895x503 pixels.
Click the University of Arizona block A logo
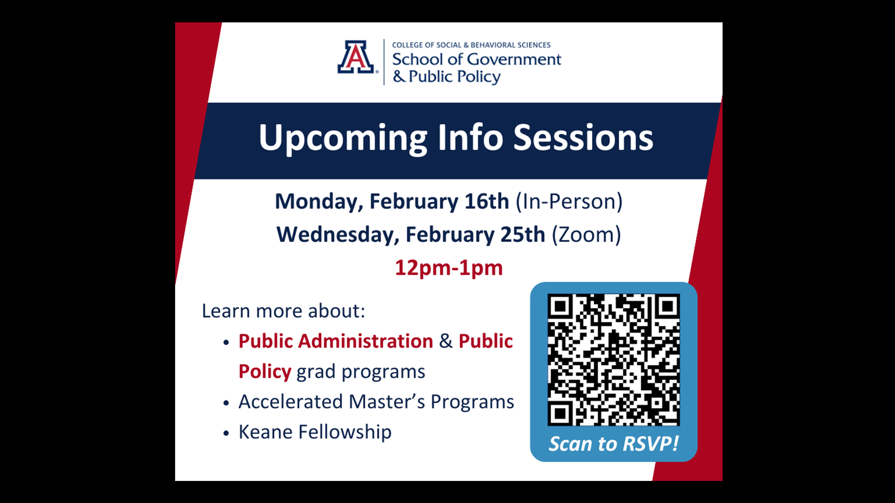pyautogui.click(x=356, y=57)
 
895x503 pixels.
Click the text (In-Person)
pyautogui.click(x=569, y=202)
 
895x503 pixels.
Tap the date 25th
pyautogui.click(x=523, y=234)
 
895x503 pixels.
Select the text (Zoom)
pyautogui.click(x=586, y=235)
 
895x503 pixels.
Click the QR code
pyautogui.click(x=614, y=360)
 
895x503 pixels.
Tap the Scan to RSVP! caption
pyautogui.click(x=613, y=444)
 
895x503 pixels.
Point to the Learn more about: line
pyautogui.click(x=283, y=311)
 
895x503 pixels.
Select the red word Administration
pyautogui.click(x=365, y=341)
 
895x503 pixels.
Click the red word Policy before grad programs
pyautogui.click(x=265, y=372)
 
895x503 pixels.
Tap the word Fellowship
pyautogui.click(x=345, y=433)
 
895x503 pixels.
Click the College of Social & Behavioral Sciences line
pyautogui.click(x=471, y=45)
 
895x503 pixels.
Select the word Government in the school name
pyautogui.click(x=514, y=59)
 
